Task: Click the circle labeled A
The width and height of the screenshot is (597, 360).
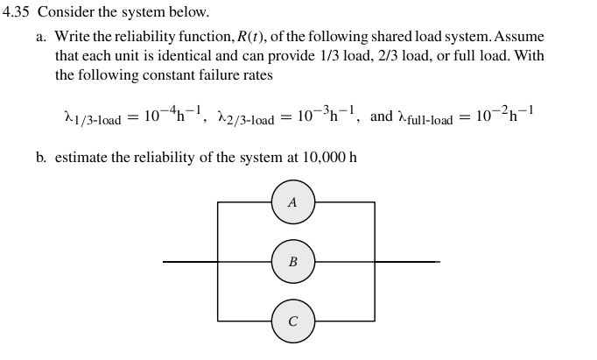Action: coord(292,202)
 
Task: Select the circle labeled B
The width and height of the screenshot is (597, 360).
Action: coord(292,262)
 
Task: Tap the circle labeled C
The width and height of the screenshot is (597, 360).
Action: coord(292,321)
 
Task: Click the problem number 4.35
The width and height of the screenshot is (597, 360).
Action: coord(18,13)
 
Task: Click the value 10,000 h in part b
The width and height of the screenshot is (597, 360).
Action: coord(329,159)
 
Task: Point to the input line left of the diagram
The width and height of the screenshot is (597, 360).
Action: coord(189,262)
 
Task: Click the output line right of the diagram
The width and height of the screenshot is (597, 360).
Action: coord(407,262)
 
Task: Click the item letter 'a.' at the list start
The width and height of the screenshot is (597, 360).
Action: coord(42,37)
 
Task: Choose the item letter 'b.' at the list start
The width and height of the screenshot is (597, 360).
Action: coord(42,159)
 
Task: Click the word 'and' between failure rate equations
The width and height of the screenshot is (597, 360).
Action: coord(382,116)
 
